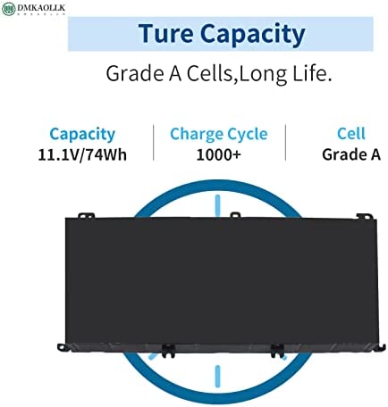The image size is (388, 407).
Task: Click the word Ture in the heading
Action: click(165, 33)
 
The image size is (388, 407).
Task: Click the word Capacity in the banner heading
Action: click(253, 35)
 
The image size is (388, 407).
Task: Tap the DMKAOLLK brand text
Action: click(41, 8)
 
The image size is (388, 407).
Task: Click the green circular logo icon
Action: click(8, 9)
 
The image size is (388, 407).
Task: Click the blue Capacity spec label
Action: click(82, 135)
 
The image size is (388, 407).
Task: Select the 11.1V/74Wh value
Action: click(82, 155)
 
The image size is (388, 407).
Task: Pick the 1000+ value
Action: click(218, 154)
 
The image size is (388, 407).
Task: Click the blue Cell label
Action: click(351, 134)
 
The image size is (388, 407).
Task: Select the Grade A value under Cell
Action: click(351, 154)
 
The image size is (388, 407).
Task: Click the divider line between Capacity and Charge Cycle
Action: click(154, 143)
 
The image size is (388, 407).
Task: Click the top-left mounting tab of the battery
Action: click(86, 215)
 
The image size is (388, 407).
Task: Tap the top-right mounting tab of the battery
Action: click(365, 217)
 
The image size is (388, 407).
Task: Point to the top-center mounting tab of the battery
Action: click(235, 214)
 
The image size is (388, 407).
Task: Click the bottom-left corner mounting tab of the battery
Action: click(62, 347)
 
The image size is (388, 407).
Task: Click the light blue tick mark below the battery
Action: click(218, 377)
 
